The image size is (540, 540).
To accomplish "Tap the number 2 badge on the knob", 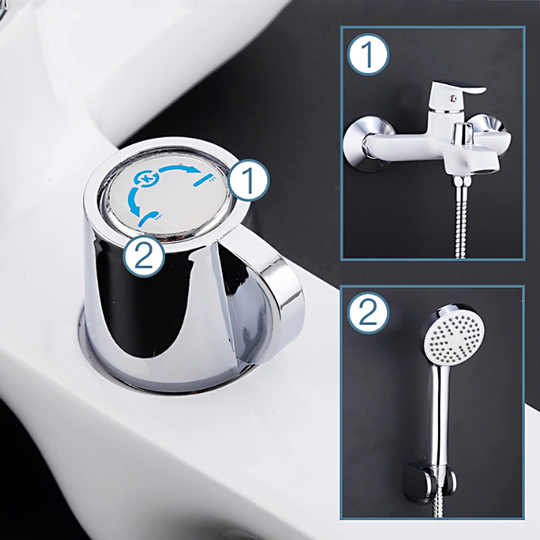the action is [x=144, y=256].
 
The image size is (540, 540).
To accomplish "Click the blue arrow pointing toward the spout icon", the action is [x=179, y=168].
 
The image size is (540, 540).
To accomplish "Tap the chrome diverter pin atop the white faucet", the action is [x=461, y=132].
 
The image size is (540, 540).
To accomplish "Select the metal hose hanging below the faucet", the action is [x=462, y=217].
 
